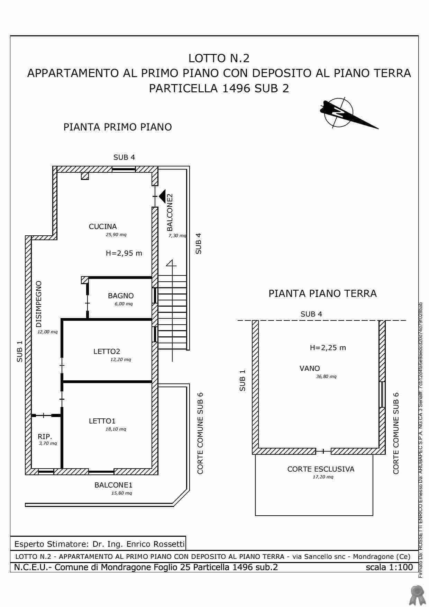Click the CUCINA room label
pyautogui.click(x=103, y=227)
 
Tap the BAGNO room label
pyautogui.click(x=120, y=296)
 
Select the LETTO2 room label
pyautogui.click(x=107, y=352)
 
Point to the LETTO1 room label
pyautogui.click(x=102, y=421)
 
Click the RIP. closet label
pyautogui.click(x=45, y=437)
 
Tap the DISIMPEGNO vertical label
pyautogui.click(x=39, y=304)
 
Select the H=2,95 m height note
pyautogui.click(x=124, y=253)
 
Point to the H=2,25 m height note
pyautogui.click(x=328, y=348)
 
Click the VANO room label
pyautogui.click(x=310, y=369)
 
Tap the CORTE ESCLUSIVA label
pyautogui.click(x=321, y=469)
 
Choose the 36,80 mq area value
pyautogui.click(x=326, y=377)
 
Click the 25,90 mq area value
pyautogui.click(x=116, y=235)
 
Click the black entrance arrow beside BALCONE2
pyautogui.click(x=162, y=196)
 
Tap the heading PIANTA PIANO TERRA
pyautogui.click(x=322, y=294)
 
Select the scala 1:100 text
pyautogui.click(x=389, y=567)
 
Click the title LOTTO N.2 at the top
pyautogui.click(x=219, y=58)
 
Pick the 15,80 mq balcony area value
pyautogui.click(x=121, y=493)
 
